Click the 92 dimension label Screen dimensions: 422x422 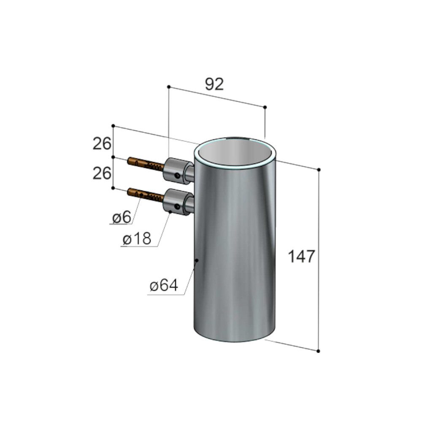tap(214, 84)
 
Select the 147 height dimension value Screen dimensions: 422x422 tap(301, 256)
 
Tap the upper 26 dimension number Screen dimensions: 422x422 tap(102, 143)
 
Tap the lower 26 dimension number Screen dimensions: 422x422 tap(102, 173)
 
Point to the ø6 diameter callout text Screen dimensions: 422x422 tap(122, 217)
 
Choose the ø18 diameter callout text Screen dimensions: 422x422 tap(137, 239)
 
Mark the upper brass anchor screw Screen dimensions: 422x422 tap(146, 163)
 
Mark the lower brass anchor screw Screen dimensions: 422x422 tap(146, 194)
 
